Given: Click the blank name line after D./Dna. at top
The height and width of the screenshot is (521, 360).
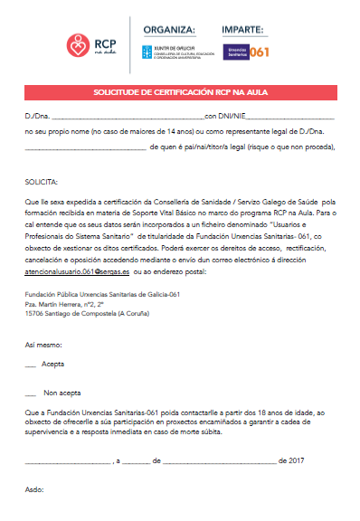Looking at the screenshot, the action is (128, 118).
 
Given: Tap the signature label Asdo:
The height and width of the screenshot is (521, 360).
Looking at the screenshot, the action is (33, 489).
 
